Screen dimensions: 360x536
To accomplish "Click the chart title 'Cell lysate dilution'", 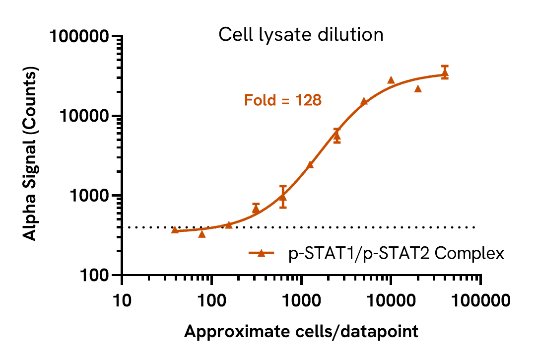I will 301,35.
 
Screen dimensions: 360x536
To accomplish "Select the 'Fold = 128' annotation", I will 283,101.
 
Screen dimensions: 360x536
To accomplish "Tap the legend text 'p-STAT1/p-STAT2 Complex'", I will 397,254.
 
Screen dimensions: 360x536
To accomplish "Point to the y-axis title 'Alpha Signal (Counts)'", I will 31,155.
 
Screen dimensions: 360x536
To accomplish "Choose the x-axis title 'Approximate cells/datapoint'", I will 301,332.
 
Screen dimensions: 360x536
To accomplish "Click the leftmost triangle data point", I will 175,230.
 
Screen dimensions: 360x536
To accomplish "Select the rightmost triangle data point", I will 445,72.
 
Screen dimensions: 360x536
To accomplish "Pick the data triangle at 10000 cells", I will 391,80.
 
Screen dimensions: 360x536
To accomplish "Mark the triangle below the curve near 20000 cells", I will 418,89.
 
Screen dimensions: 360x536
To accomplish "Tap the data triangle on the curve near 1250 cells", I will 310,164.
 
